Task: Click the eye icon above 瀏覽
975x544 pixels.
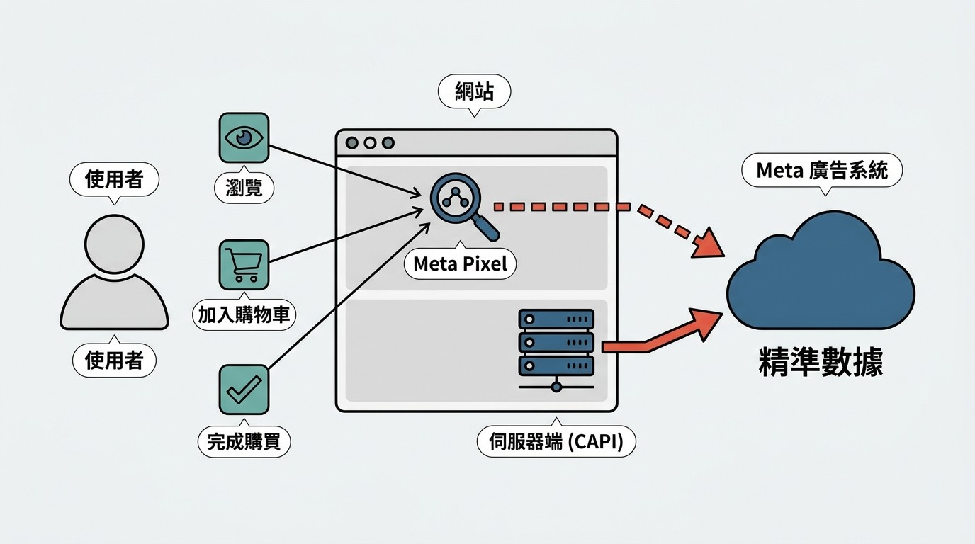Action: tap(244, 137)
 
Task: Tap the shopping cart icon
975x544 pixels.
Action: tap(244, 264)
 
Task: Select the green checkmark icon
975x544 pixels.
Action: tap(244, 389)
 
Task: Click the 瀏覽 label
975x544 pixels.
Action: tap(244, 188)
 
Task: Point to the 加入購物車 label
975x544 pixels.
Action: tap(244, 314)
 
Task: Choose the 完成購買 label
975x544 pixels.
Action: tap(244, 442)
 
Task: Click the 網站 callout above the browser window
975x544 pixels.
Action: tap(474, 91)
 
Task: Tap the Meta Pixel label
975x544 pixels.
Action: tap(460, 264)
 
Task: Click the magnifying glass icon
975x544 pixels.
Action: tap(459, 201)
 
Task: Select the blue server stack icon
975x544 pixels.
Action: tap(556, 343)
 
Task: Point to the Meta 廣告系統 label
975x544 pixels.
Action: tap(822, 171)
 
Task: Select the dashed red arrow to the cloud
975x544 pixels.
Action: tap(602, 207)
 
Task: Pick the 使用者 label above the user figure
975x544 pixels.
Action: tap(114, 179)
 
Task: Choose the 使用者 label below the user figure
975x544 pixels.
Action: tap(114, 361)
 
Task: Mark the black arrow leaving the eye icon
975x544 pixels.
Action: tap(340, 169)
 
